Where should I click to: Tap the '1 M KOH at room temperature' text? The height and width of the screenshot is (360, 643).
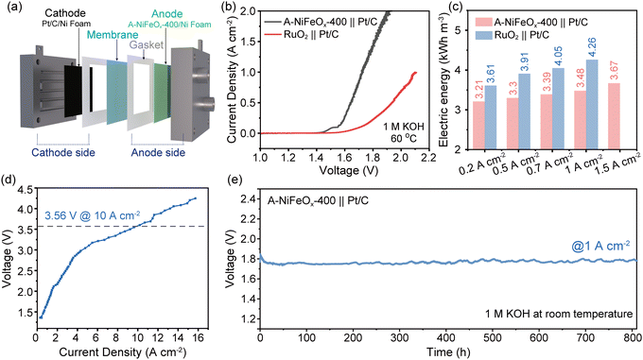[x=553, y=313]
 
